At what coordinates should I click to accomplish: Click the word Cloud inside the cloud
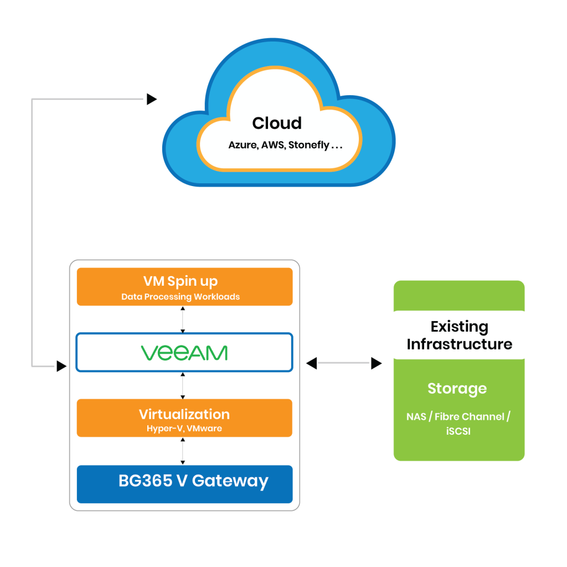[x=277, y=123]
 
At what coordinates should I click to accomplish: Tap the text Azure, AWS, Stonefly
[x=286, y=146]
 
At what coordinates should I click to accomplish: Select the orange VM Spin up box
[x=184, y=286]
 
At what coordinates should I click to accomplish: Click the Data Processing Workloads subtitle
[x=181, y=297]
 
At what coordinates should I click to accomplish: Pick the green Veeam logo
[x=184, y=353]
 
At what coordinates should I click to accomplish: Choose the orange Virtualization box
[x=184, y=417]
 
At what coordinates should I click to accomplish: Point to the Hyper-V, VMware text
[x=184, y=429]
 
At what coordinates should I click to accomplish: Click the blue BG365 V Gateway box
[x=184, y=484]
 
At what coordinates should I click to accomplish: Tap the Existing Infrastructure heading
[x=459, y=335]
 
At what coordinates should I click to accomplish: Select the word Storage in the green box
[x=457, y=389]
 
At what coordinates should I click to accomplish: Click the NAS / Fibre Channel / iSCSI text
[x=458, y=424]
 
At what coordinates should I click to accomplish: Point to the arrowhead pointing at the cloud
[x=151, y=100]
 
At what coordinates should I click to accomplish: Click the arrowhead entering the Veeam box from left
[x=61, y=366]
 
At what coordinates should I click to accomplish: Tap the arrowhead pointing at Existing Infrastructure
[x=377, y=363]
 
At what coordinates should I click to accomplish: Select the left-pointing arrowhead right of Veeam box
[x=312, y=363]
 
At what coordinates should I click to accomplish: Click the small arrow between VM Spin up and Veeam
[x=183, y=319]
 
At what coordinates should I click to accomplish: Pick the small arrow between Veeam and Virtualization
[x=183, y=385]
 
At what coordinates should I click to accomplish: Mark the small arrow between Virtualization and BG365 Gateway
[x=183, y=451]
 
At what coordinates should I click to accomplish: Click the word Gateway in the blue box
[x=230, y=481]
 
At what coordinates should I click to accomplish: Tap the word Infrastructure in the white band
[x=459, y=344]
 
